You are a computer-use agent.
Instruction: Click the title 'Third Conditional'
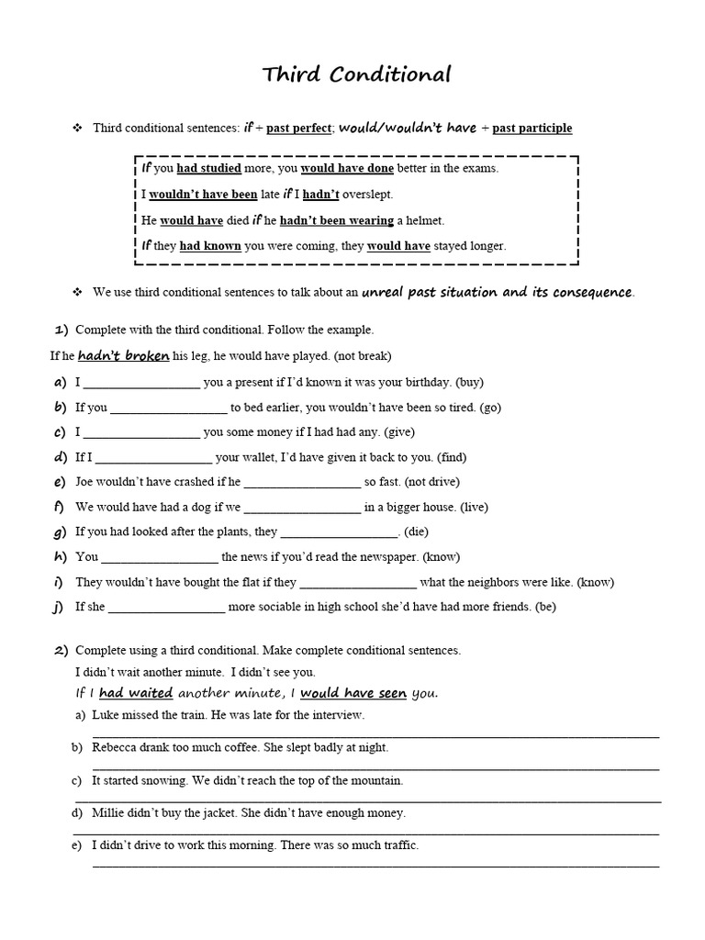tap(357, 75)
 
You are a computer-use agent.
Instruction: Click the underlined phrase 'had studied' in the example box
tap(208, 169)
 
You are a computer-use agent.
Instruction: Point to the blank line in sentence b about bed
tap(168, 409)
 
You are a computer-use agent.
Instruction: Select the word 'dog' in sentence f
tap(168, 506)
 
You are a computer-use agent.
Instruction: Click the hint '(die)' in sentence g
tap(416, 532)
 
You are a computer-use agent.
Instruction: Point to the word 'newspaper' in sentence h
tap(392, 556)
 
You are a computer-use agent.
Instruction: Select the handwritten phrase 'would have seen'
tap(353, 693)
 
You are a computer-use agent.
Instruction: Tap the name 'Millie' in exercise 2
tap(108, 812)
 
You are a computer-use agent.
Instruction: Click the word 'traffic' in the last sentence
tap(397, 845)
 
